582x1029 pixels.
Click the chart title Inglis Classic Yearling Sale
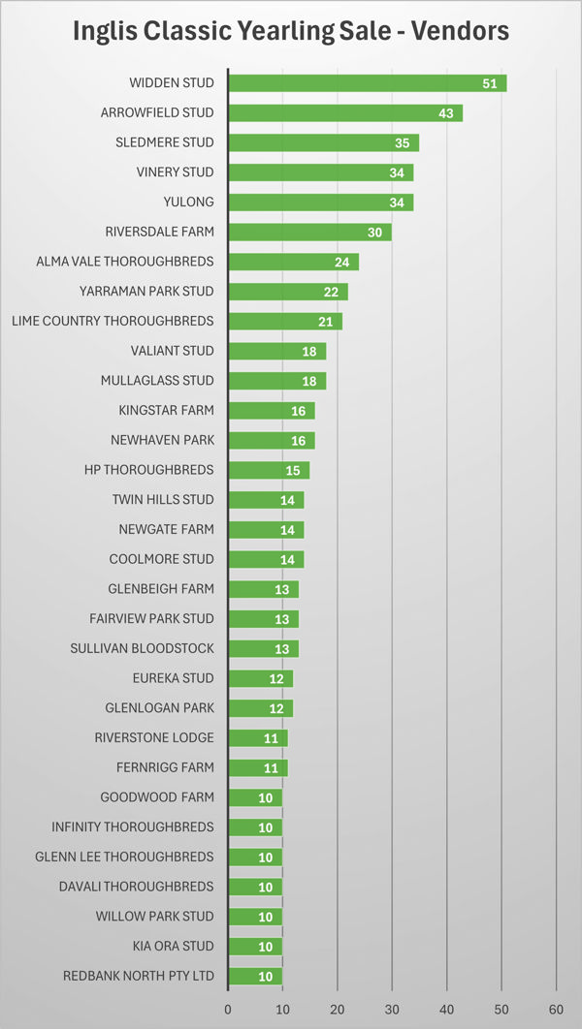(291, 31)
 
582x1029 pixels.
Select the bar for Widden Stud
(367, 83)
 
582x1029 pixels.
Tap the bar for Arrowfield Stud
(344, 113)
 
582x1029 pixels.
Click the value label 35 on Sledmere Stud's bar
(404, 142)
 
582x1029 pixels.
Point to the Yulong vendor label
(190, 203)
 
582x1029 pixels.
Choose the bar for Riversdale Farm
(309, 233)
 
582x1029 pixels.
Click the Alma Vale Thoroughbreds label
(125, 262)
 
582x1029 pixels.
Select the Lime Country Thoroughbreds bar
(285, 322)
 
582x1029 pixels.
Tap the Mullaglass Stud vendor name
(157, 381)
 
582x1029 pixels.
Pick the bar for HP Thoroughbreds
(269, 470)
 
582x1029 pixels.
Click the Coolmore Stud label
(162, 559)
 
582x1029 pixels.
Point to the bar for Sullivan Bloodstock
(263, 648)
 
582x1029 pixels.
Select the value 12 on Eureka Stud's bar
(277, 678)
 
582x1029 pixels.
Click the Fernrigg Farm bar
(258, 767)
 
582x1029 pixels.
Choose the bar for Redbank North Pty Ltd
(255, 976)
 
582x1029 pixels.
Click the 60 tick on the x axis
(556, 1008)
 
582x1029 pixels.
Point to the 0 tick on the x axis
(228, 1008)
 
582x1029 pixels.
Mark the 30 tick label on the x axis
(392, 1008)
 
